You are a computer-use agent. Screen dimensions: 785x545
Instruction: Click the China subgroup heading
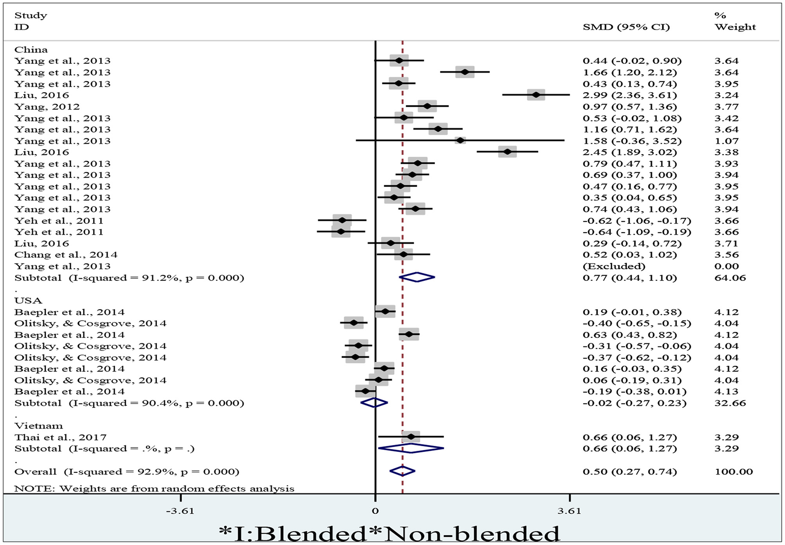click(x=31, y=50)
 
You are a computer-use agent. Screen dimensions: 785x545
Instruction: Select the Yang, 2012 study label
click(x=47, y=107)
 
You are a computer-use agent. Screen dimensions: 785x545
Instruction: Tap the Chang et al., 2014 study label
click(x=66, y=255)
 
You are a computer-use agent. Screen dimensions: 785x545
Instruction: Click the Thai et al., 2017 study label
click(x=60, y=437)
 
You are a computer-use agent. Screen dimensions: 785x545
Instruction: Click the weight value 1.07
click(x=727, y=141)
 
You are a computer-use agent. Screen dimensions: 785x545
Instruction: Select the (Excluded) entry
click(x=614, y=266)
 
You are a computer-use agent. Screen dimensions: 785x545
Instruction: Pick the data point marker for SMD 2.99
click(x=536, y=95)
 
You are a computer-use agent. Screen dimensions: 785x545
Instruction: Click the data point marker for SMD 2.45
click(x=507, y=152)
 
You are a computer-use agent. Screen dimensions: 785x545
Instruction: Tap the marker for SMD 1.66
click(x=465, y=72)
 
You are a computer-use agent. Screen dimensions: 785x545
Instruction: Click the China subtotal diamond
click(x=417, y=277)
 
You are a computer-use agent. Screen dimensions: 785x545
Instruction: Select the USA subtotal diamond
click(x=374, y=403)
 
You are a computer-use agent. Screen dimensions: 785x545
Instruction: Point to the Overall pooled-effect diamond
click(x=402, y=471)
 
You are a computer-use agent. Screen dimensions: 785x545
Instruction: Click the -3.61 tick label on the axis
click(x=180, y=511)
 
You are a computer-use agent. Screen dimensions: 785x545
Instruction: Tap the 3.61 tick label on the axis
click(x=569, y=511)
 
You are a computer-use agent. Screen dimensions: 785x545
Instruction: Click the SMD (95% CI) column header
click(x=626, y=27)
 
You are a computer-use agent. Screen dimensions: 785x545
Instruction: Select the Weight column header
click(x=735, y=27)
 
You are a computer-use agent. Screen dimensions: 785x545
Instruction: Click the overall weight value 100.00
click(x=734, y=471)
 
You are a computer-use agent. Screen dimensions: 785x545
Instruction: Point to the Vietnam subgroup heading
click(x=39, y=426)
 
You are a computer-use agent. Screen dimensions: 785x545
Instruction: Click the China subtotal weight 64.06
click(x=730, y=278)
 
